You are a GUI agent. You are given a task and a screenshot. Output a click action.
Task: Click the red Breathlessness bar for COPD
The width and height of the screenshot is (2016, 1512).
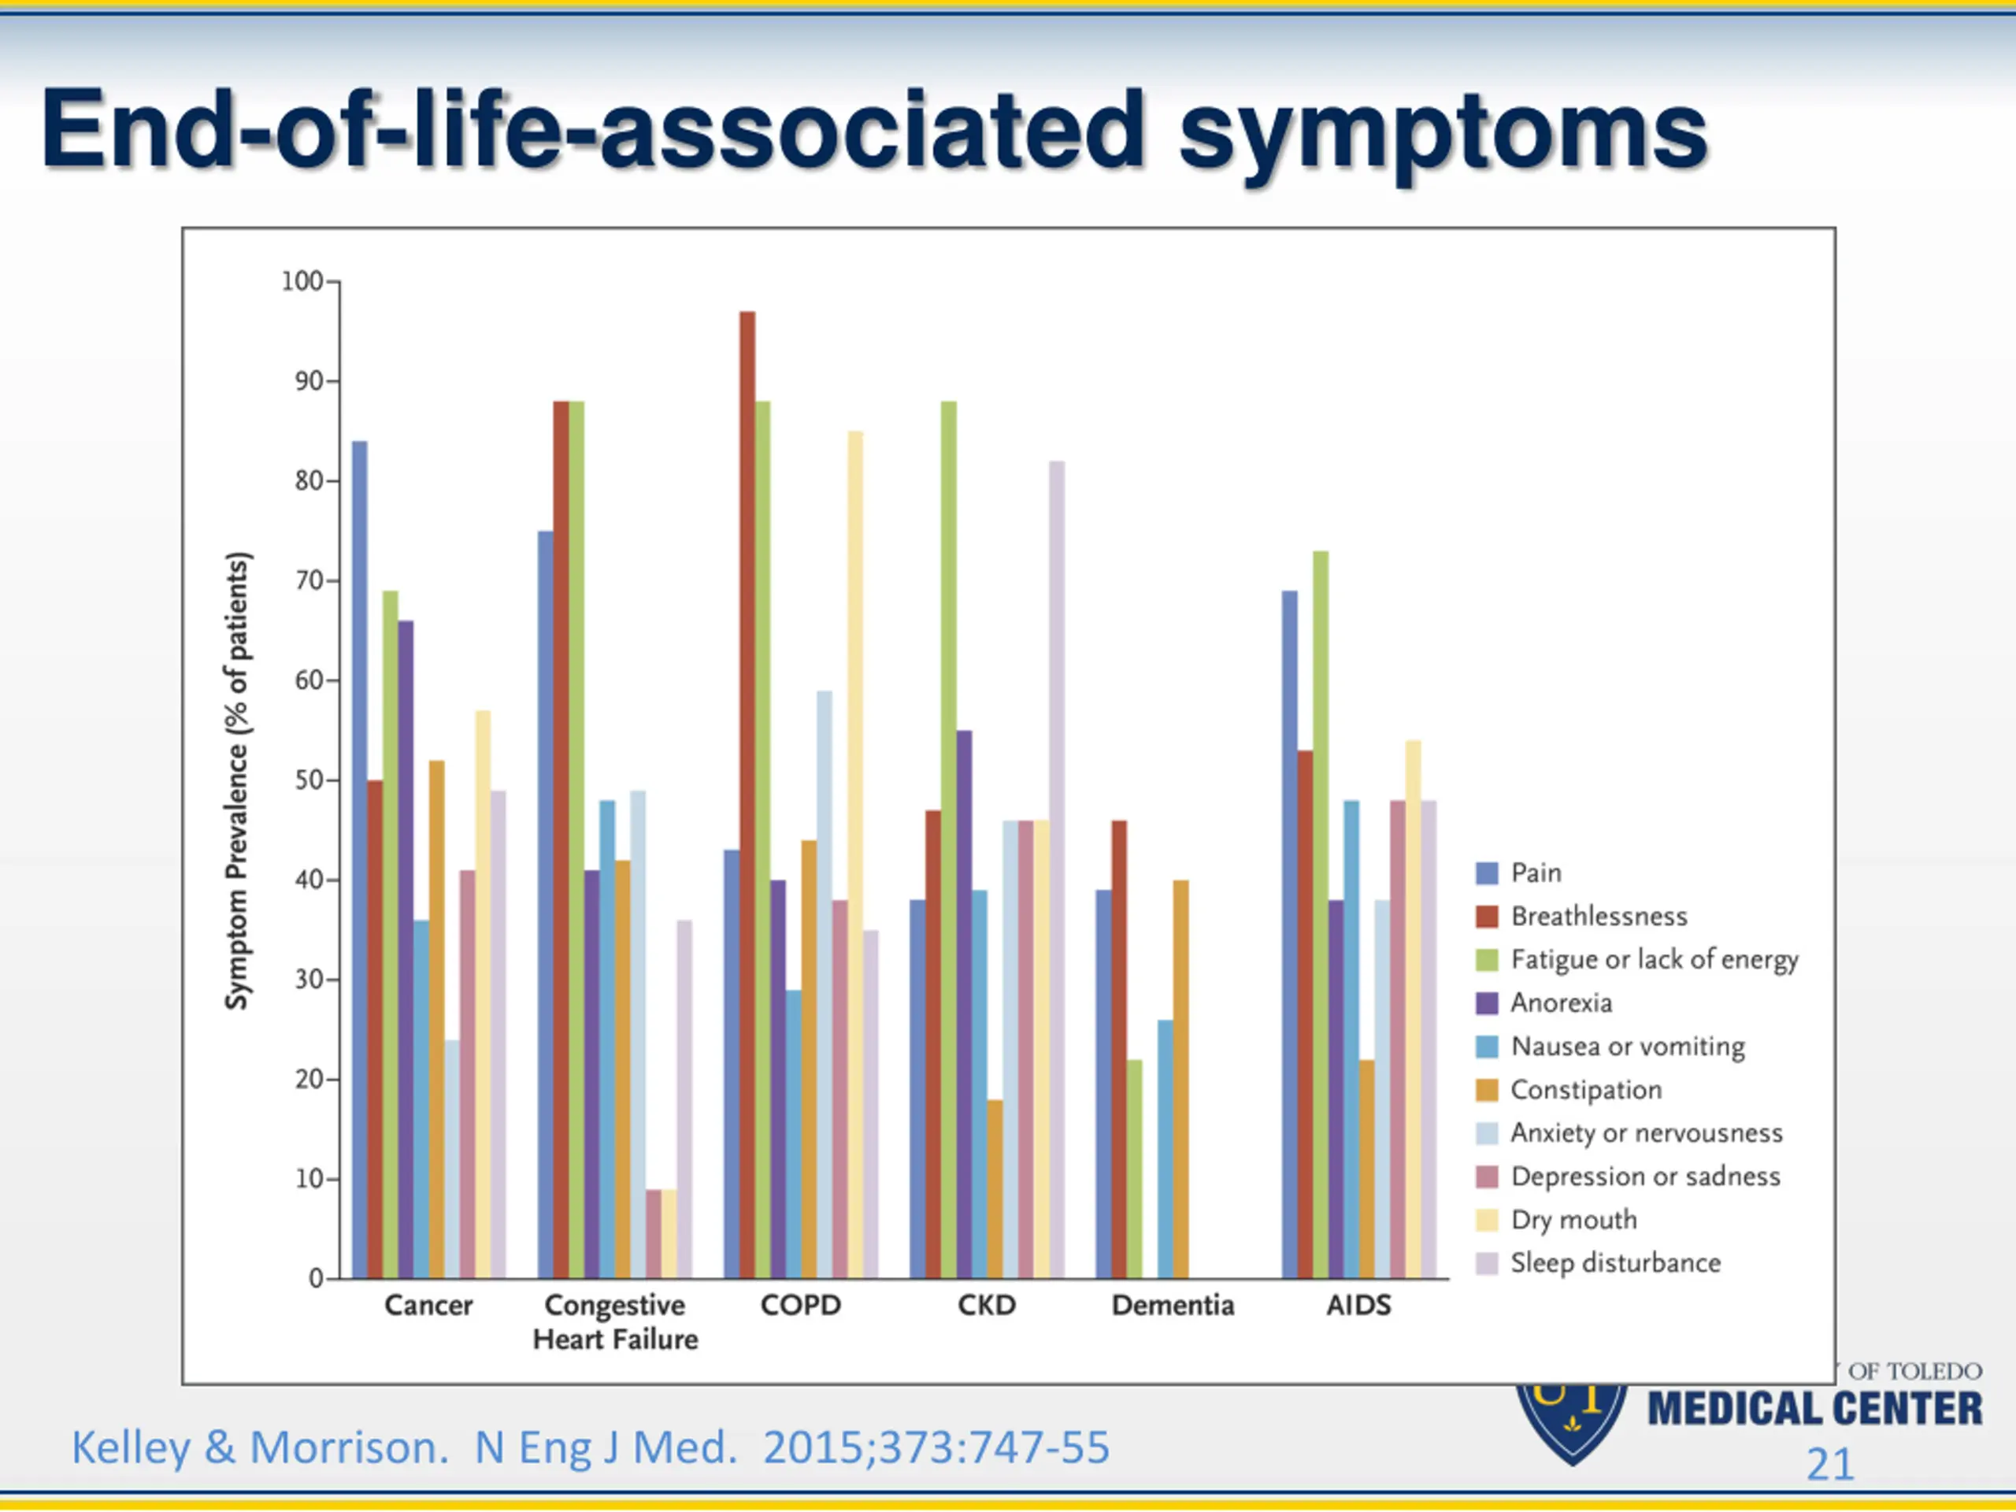pos(747,793)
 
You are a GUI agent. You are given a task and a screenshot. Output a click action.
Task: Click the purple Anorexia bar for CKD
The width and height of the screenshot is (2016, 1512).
pos(964,1003)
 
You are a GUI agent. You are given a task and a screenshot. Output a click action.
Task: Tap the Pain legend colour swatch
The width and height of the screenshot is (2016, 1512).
pos(1487,873)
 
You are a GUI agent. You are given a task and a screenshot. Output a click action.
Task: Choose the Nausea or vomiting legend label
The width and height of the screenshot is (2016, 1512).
pos(1627,1047)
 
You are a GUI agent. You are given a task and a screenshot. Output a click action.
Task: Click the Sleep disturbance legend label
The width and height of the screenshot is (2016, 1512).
pos(1615,1263)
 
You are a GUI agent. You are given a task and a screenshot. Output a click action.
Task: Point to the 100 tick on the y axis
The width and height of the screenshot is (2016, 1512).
pos(303,282)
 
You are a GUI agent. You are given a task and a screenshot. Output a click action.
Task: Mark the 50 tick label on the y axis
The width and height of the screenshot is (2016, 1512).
pos(309,780)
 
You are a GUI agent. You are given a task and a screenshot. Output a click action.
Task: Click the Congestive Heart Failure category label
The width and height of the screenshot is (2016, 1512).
pos(615,1321)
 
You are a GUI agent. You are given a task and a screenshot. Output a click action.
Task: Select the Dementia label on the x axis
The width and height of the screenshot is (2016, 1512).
pos(1172,1305)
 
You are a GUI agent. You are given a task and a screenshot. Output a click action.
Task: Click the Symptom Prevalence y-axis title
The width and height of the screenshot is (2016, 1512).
pos(237,780)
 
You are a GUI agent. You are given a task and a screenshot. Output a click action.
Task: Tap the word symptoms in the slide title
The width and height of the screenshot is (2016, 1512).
pos(1442,132)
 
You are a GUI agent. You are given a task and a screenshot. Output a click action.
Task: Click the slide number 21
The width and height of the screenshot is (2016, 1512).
pos(1830,1465)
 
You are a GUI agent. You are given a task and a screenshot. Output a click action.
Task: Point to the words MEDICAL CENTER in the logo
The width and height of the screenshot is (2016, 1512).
pos(1814,1409)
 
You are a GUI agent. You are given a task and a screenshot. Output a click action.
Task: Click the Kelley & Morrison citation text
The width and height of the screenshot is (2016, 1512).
pos(591,1447)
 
